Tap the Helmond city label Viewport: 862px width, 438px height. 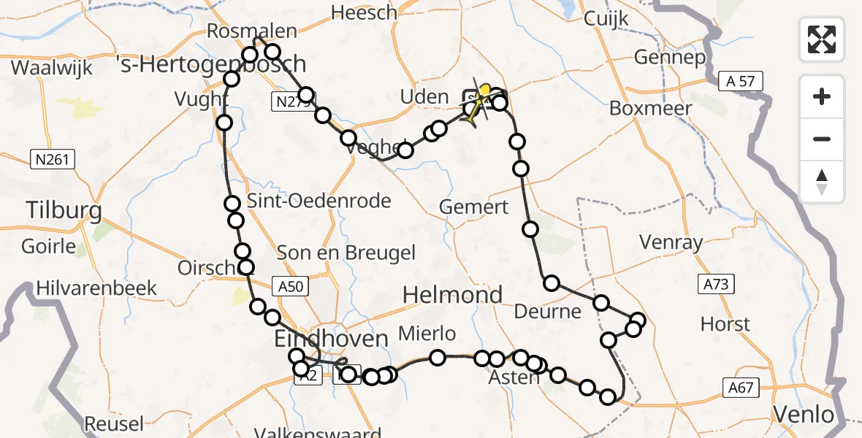[453, 295]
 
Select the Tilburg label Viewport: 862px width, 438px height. [64, 211]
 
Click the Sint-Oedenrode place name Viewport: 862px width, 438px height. [319, 201]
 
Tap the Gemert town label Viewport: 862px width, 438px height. [473, 207]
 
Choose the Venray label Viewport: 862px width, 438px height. [671, 242]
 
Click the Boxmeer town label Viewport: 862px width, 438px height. [645, 107]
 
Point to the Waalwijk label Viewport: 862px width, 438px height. [53, 69]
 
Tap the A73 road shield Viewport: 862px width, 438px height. [715, 285]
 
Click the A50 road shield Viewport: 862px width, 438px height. [289, 287]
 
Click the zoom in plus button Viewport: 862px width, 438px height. [822, 97]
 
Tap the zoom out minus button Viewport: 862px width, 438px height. [822, 139]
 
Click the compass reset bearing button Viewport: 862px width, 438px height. [822, 181]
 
